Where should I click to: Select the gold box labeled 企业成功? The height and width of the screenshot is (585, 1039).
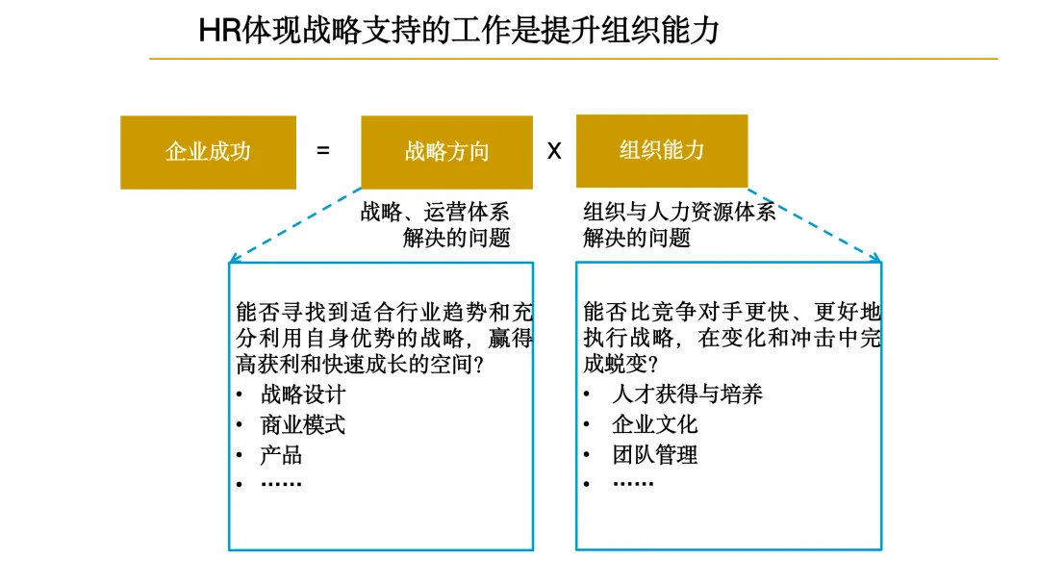208,152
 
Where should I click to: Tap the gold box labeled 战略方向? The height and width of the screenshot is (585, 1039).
446,152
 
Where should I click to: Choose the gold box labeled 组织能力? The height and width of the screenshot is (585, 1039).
662,150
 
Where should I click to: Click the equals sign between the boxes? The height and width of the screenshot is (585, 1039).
323,151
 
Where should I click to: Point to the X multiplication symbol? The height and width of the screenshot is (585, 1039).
554,151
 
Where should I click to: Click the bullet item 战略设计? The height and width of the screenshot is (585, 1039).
302,394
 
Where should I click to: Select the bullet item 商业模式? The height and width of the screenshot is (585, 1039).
302,424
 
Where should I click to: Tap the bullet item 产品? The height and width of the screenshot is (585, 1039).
281,454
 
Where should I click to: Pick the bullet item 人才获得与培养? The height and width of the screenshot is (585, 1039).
687,394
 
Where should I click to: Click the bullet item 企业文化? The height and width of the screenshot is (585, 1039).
654,424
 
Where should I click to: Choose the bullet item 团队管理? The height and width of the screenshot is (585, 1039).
654,454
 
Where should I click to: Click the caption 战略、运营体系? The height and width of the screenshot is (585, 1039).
435,212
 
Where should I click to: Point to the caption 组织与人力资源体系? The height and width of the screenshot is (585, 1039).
679,212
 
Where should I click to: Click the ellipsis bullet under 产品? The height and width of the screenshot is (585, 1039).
281,483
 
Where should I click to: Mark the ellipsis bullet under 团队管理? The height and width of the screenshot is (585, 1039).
633,483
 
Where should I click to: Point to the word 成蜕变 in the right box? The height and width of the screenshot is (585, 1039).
616,366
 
